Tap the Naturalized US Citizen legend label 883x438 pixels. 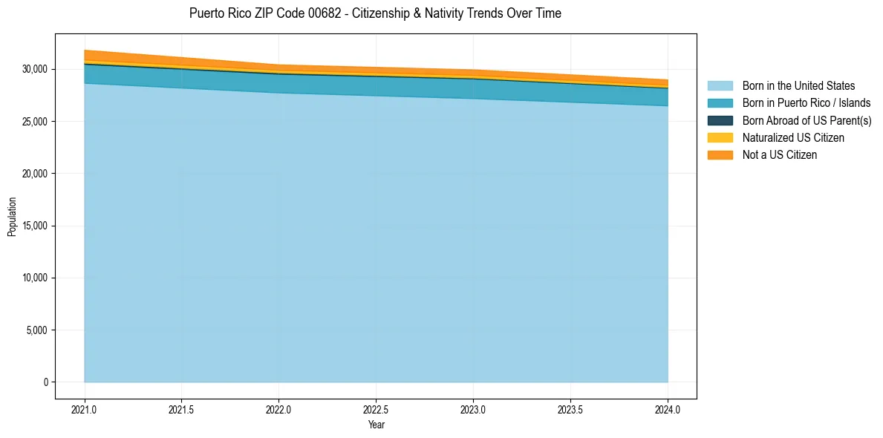click(793, 137)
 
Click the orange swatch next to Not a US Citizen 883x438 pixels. click(720, 154)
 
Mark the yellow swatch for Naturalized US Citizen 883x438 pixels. click(720, 137)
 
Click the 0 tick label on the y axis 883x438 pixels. click(45, 382)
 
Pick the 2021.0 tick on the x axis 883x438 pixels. click(84, 409)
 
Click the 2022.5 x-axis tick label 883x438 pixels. click(376, 409)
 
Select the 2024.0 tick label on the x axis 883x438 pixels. click(668, 409)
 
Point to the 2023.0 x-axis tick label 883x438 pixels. click(473, 409)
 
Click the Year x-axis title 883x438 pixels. click(376, 425)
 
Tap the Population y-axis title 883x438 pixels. click(12, 217)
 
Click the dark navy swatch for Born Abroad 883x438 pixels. click(720, 120)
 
